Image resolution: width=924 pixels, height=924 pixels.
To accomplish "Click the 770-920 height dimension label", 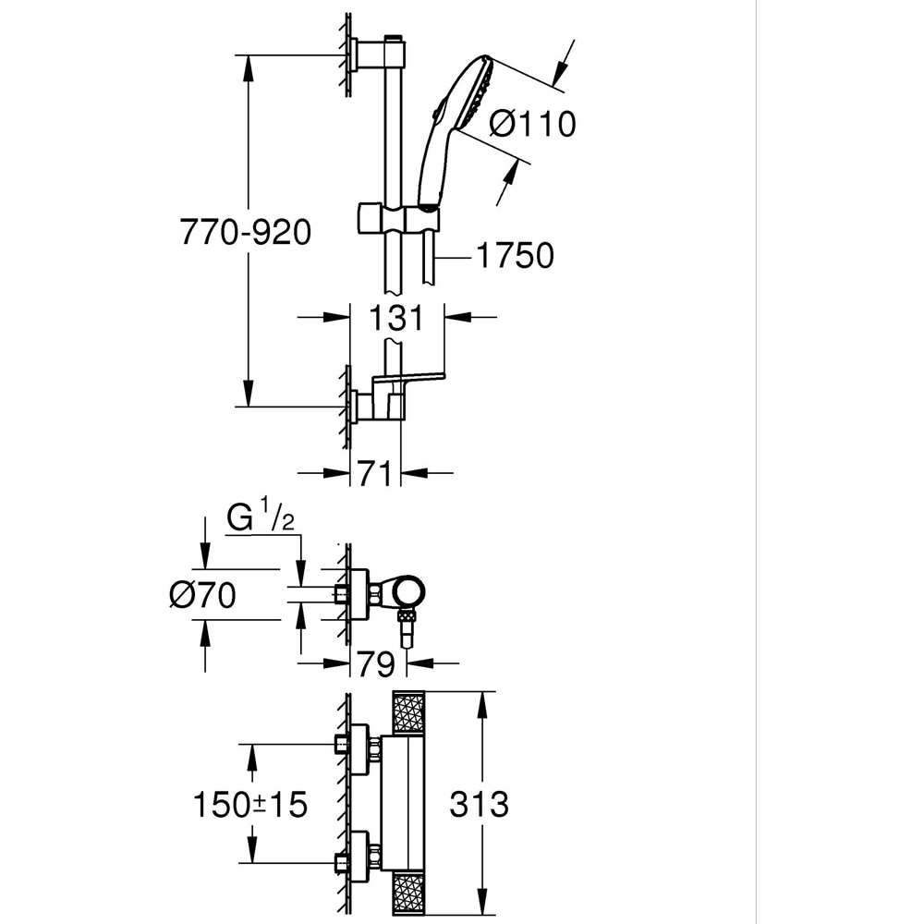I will (245, 233).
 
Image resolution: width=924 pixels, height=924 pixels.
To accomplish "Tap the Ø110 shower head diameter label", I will (532, 123).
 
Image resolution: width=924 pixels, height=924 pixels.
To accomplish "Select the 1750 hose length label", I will (515, 256).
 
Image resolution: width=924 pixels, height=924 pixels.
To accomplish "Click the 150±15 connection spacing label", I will (249, 805).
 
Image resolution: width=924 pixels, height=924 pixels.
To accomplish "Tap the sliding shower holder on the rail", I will (397, 220).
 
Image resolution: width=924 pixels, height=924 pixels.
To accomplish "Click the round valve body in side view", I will (406, 591).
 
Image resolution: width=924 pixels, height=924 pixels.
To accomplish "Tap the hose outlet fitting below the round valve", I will (404, 628).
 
